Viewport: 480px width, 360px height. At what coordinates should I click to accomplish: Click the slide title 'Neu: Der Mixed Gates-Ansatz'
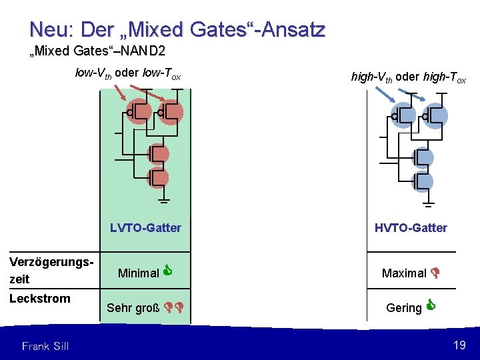177,30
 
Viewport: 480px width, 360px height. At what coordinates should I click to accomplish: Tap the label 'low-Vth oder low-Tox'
128,74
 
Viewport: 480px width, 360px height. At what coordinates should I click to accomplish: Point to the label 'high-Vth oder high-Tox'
409,77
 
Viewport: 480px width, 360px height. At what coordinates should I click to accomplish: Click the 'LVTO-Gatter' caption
145,228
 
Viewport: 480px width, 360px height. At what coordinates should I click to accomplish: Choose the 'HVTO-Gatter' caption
411,228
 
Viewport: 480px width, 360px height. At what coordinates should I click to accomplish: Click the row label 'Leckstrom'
40,298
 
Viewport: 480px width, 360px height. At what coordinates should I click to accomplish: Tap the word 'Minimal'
138,273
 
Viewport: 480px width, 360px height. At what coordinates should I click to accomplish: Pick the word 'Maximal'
404,273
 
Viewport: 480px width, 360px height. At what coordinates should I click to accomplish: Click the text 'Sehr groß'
133,308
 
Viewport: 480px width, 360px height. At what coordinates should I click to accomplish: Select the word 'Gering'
404,308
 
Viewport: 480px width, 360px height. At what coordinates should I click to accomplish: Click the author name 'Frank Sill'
45,345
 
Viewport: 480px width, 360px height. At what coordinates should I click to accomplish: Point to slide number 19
459,345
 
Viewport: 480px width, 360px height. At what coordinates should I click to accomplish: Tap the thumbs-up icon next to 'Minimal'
169,271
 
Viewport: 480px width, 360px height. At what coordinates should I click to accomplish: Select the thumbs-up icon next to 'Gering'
431,306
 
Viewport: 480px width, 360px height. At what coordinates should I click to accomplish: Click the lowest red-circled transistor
158,178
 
